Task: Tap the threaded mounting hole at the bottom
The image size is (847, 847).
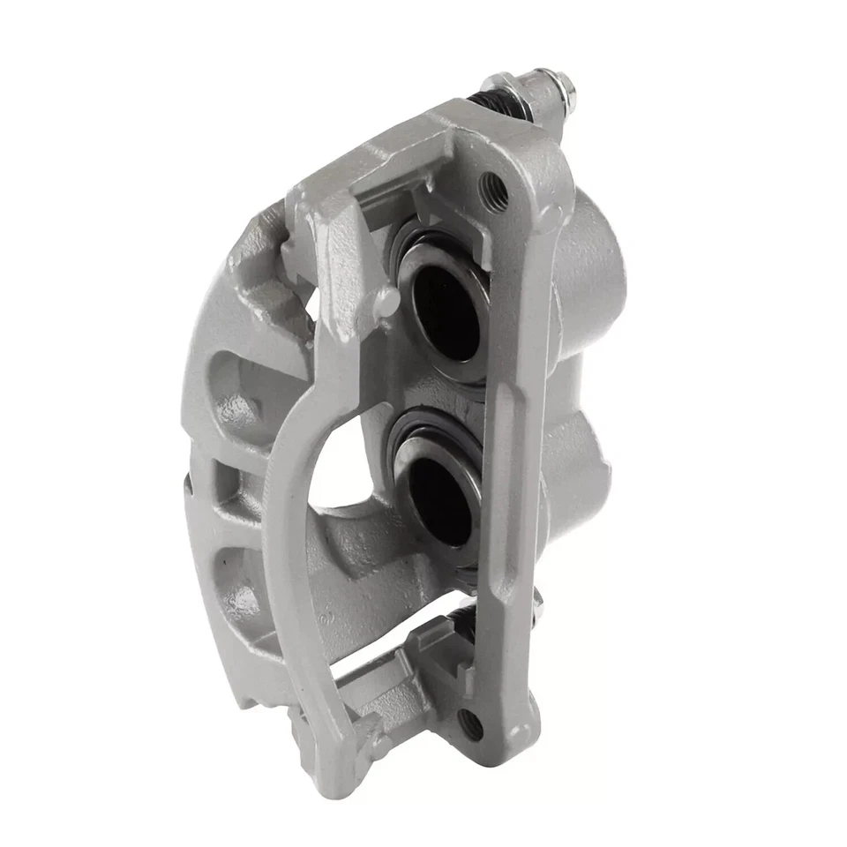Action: coord(471,725)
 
